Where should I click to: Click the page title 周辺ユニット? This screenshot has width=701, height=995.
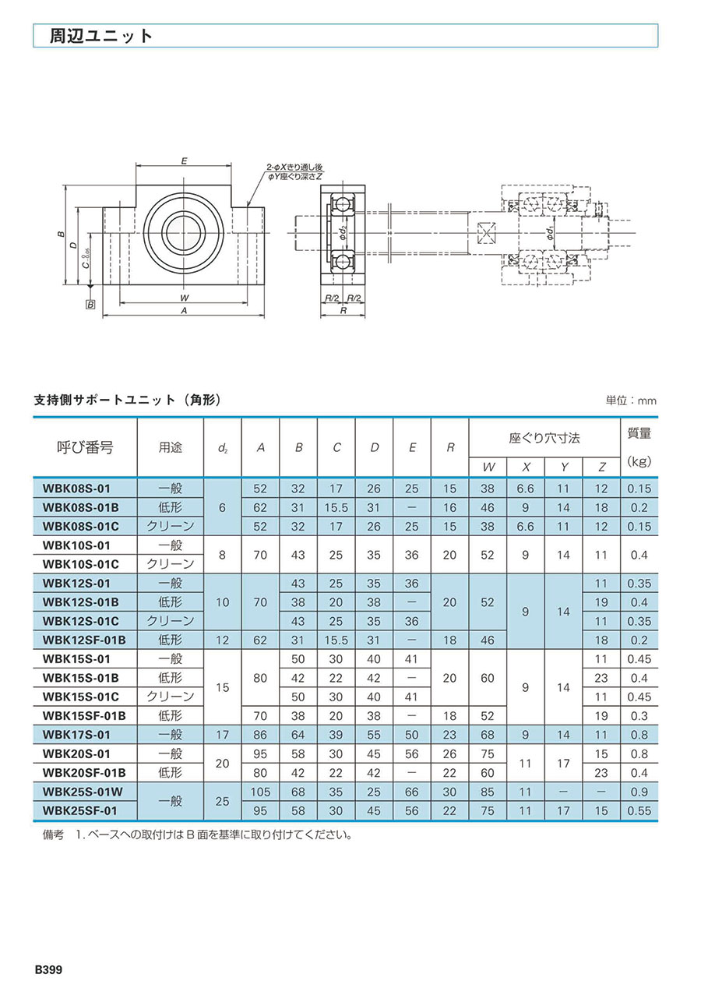pyautogui.click(x=100, y=36)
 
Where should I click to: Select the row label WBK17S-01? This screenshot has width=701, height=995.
pyautogui.click(x=76, y=735)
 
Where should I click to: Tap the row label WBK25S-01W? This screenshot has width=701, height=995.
pyautogui.click(x=83, y=792)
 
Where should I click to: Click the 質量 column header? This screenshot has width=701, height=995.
pyautogui.click(x=639, y=433)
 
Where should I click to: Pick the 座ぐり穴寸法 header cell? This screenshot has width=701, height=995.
pyautogui.click(x=544, y=439)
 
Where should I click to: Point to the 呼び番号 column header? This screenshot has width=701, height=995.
pyautogui.click(x=85, y=447)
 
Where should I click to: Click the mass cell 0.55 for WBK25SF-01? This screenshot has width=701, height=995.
pyautogui.click(x=639, y=810)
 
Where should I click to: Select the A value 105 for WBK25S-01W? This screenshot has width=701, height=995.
pyautogui.click(x=260, y=792)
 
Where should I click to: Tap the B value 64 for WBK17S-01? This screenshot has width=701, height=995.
pyautogui.click(x=298, y=735)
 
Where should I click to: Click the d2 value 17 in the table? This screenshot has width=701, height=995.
pyautogui.click(x=222, y=735)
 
